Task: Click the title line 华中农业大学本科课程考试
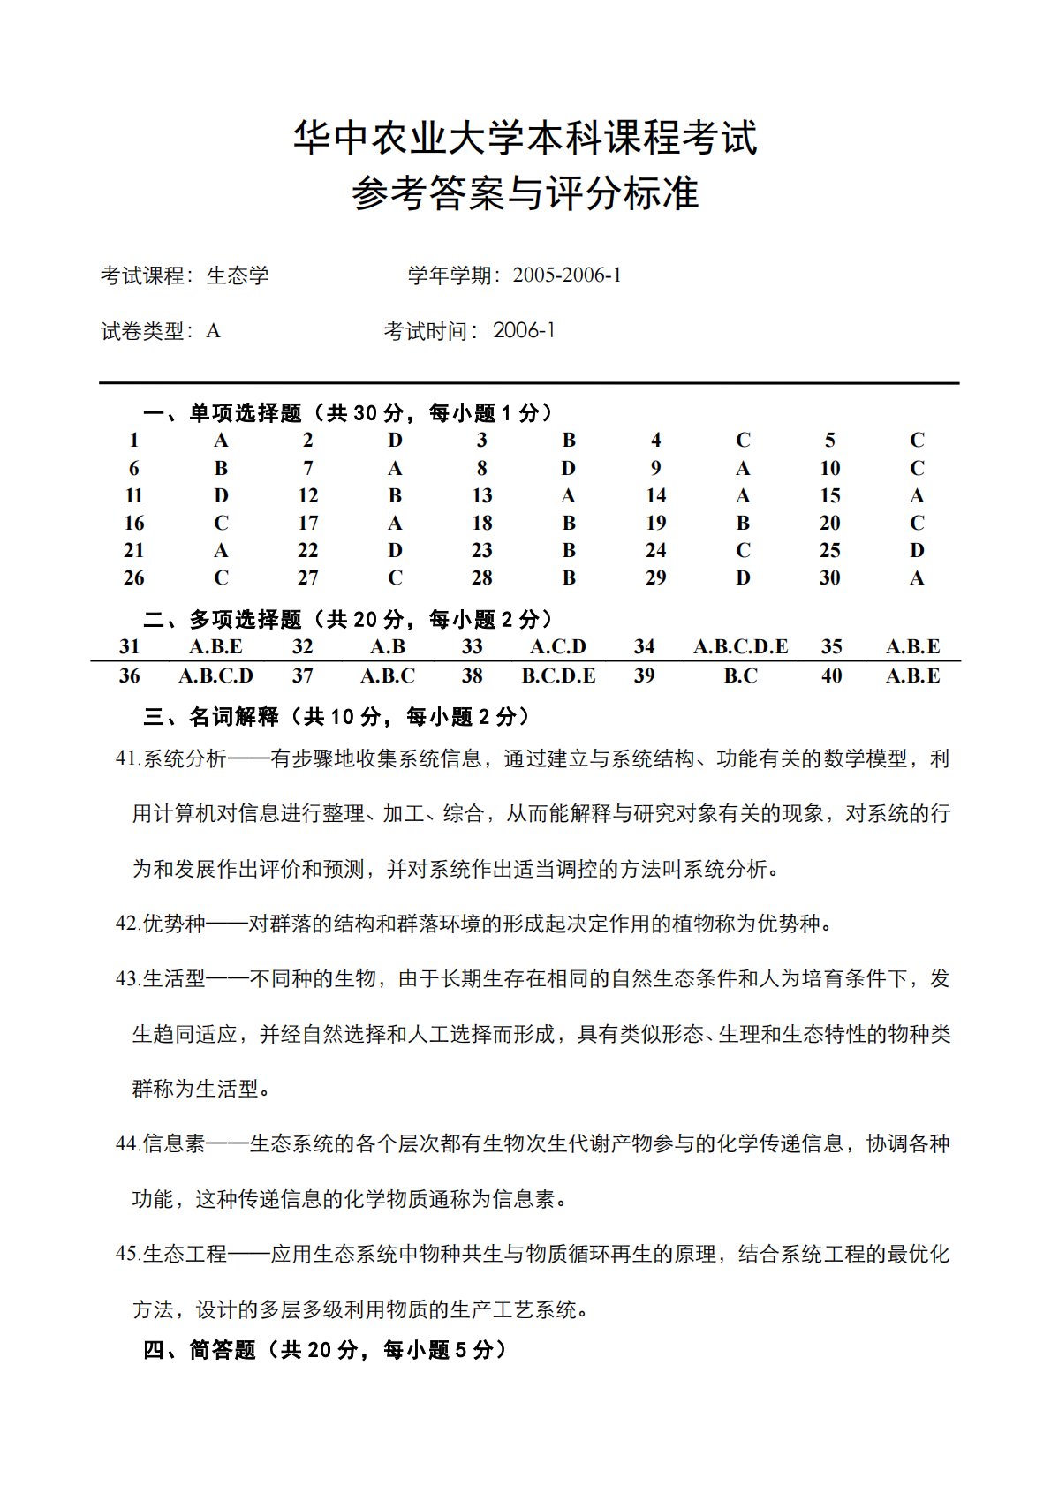click(525, 138)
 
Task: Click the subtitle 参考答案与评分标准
click(525, 193)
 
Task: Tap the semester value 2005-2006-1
click(567, 275)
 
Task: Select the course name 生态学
click(238, 275)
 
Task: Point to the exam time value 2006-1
click(524, 330)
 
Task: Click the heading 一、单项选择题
click(223, 412)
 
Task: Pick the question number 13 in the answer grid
click(481, 495)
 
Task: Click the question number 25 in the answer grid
click(829, 550)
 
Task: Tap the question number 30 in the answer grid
click(829, 577)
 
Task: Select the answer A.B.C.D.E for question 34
click(740, 646)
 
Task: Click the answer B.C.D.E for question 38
click(558, 675)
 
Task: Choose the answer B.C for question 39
click(740, 675)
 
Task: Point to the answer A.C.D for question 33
click(558, 646)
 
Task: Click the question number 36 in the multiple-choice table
click(129, 675)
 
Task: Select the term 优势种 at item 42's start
click(174, 924)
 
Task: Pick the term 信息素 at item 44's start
click(174, 1143)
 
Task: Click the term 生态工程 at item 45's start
click(185, 1254)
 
